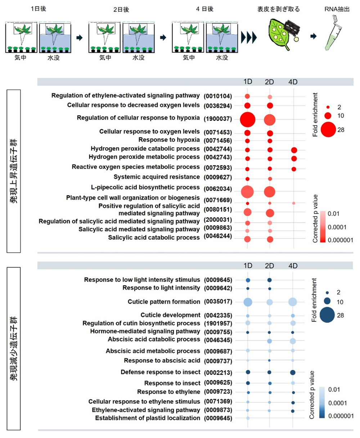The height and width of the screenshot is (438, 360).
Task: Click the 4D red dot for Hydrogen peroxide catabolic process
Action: tap(294, 150)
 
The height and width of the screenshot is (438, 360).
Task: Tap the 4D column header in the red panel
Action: tap(294, 82)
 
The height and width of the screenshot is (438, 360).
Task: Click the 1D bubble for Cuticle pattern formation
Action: tap(247, 302)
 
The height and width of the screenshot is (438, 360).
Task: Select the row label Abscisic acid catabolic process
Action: tap(154, 339)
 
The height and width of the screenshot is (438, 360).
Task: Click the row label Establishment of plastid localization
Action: tap(147, 418)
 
